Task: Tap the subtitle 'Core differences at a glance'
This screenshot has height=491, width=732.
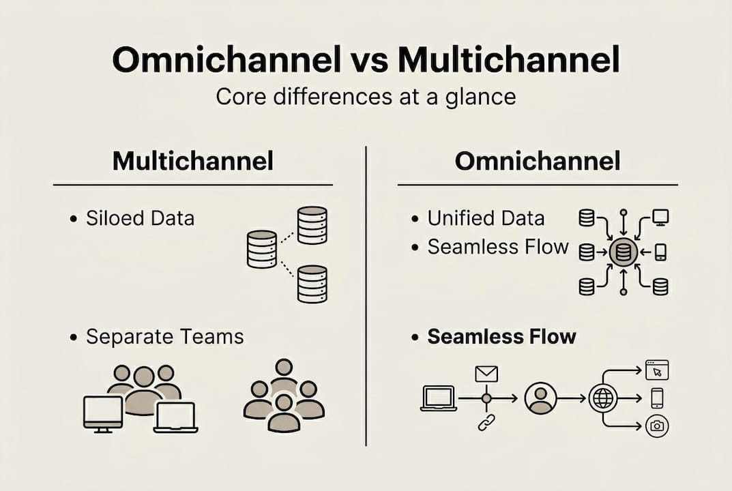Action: pyautogui.click(x=366, y=97)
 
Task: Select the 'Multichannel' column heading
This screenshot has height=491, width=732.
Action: pyautogui.click(x=193, y=162)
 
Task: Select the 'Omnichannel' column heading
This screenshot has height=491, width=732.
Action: pyautogui.click(x=538, y=162)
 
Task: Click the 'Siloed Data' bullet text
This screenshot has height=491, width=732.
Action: pyautogui.click(x=140, y=218)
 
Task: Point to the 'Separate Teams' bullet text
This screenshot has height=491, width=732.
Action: pyautogui.click(x=164, y=336)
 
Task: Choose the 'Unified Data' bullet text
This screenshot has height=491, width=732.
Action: pyautogui.click(x=486, y=218)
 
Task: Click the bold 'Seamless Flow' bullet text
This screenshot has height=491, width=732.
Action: pyautogui.click(x=501, y=336)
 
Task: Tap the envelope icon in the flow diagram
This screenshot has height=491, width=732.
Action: pyautogui.click(x=486, y=374)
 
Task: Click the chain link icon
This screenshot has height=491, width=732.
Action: pyautogui.click(x=486, y=423)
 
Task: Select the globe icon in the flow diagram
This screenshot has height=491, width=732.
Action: pyautogui.click(x=603, y=398)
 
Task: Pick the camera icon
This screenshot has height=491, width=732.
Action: pyautogui.click(x=657, y=426)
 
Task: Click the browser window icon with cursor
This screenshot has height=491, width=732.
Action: pyautogui.click(x=657, y=370)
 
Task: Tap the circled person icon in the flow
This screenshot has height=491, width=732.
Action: pyautogui.click(x=541, y=398)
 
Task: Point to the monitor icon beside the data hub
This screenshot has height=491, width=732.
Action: pyautogui.click(x=660, y=218)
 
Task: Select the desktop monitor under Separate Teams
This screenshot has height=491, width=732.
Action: pyautogui.click(x=103, y=413)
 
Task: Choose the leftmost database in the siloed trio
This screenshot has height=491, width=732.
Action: pyautogui.click(x=261, y=249)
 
